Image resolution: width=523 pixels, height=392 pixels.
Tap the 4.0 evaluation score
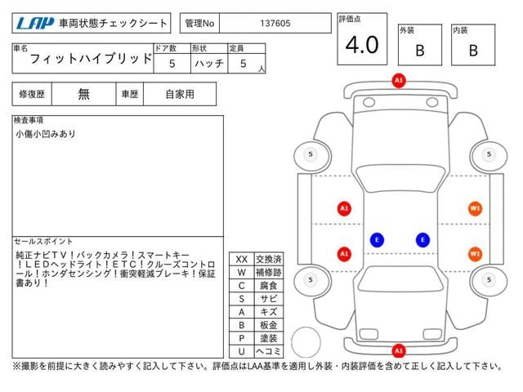(362, 45)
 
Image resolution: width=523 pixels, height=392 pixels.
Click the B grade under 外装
(420, 50)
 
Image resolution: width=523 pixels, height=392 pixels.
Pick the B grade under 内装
(472, 50)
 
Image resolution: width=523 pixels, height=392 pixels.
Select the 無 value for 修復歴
(84, 94)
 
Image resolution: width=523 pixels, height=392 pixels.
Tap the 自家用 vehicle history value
(180, 94)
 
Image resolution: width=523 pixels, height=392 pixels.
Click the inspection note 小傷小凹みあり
(46, 134)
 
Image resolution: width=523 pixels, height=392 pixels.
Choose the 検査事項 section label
(29, 120)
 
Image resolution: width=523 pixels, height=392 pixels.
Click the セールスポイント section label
(43, 242)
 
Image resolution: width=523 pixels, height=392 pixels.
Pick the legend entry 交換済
(267, 259)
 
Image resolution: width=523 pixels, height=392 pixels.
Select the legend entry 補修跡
(267, 272)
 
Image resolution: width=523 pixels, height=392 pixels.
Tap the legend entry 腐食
(267, 285)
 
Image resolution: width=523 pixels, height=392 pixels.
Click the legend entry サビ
(267, 299)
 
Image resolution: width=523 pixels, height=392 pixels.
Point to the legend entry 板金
(267, 325)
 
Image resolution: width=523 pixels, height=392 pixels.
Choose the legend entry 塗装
(267, 338)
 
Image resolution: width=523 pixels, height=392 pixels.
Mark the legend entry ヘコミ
(267, 351)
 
